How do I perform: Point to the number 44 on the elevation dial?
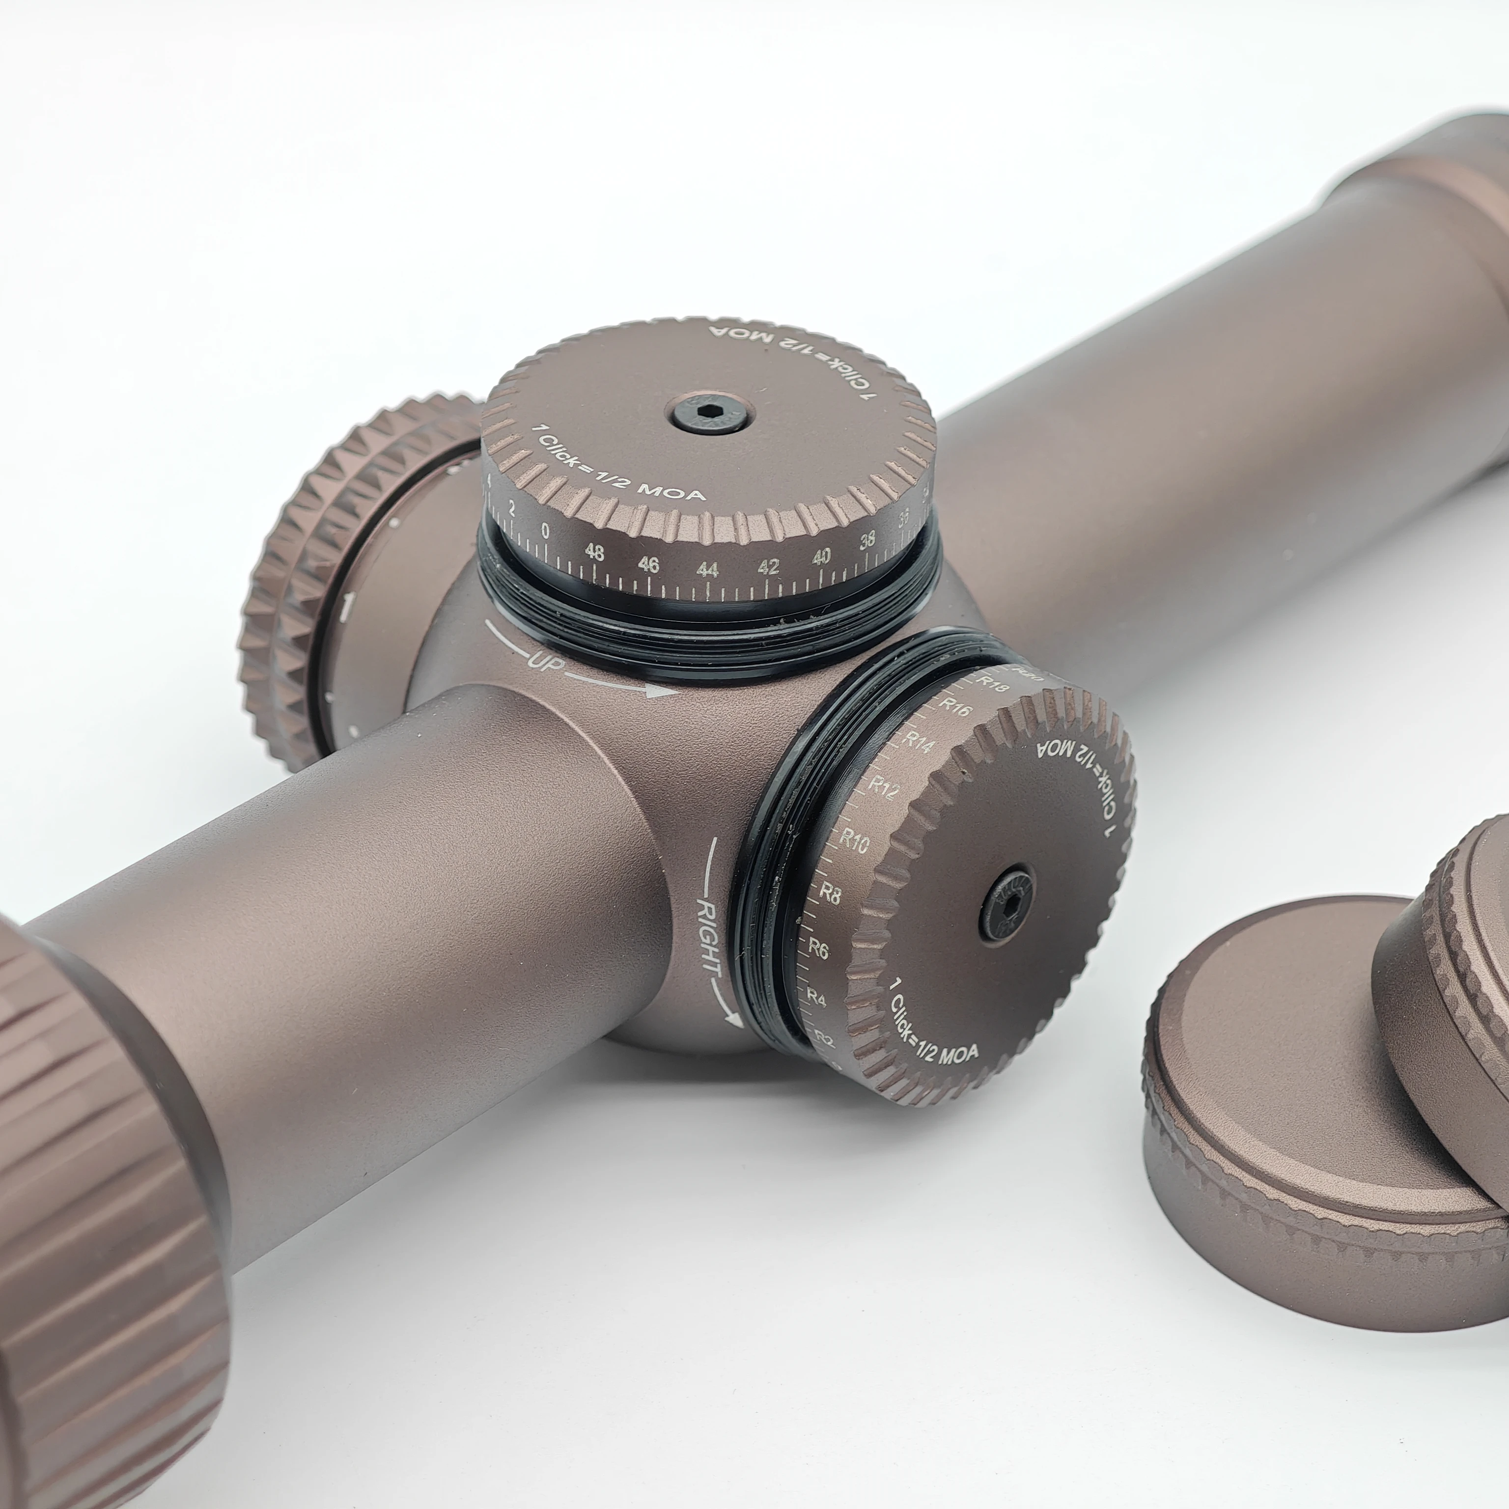click(x=707, y=569)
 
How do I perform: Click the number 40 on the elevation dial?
click(x=821, y=557)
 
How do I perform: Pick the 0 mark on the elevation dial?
click(x=544, y=531)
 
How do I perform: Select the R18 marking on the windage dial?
click(x=994, y=685)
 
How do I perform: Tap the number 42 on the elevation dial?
click(x=768, y=566)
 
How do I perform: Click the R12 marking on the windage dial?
click(x=883, y=789)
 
